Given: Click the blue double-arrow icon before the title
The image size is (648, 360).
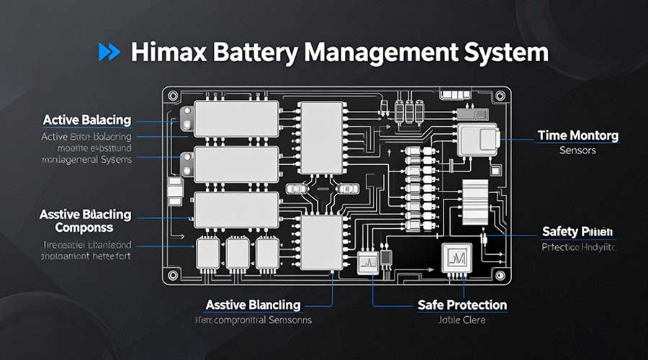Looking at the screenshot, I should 108,53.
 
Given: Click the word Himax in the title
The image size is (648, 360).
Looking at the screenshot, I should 165,53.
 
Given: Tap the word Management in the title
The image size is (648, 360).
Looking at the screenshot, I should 375,53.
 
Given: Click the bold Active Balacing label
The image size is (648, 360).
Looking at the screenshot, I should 86,120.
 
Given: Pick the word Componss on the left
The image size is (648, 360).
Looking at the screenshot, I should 84,228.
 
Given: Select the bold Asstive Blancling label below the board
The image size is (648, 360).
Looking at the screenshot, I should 252,305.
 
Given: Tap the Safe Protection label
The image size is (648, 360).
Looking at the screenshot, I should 462,305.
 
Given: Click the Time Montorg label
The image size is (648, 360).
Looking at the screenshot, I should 578,135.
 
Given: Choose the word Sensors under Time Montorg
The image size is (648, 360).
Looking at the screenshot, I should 578,150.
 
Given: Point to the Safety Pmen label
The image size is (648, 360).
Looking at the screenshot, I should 577,232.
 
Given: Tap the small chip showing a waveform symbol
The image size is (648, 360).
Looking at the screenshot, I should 366,262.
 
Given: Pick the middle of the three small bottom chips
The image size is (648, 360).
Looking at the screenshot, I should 238,253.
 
